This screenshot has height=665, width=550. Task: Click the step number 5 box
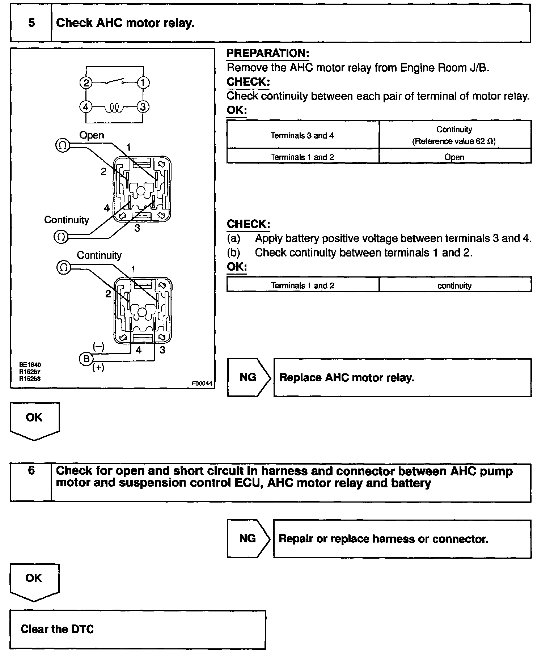point(31,23)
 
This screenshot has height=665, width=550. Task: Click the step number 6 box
point(31,482)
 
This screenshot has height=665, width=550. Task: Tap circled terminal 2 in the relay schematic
point(86,83)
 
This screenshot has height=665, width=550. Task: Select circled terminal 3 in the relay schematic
point(143,107)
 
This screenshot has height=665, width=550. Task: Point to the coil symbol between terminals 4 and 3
point(115,107)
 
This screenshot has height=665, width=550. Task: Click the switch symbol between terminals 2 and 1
point(115,82)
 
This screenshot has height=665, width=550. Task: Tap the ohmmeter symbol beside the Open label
point(62,145)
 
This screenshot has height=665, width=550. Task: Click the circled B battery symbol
point(86,359)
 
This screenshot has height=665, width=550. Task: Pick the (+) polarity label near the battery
point(98,368)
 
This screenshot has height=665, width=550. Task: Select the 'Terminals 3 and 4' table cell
point(302,135)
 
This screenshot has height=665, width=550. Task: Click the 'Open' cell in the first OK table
point(454,157)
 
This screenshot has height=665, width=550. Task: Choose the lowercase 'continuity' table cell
point(454,285)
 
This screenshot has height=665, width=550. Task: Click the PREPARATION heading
point(268,53)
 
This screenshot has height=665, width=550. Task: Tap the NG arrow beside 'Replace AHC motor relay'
point(248,377)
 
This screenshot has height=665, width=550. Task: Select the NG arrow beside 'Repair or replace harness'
point(248,538)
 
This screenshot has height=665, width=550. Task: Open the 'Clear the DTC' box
point(137,629)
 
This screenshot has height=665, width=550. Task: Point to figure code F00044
point(202,384)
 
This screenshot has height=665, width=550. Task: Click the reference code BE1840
point(30,365)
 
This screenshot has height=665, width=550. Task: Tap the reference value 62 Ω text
point(454,141)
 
